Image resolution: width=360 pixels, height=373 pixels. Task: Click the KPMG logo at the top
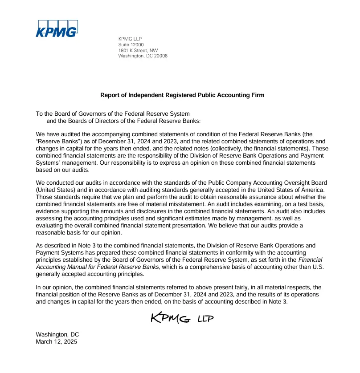click(x=56, y=28)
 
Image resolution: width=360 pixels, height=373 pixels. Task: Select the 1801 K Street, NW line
click(x=138, y=50)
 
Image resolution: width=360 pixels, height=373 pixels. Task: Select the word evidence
click(x=49, y=211)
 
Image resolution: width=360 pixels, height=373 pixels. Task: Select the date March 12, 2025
click(x=56, y=342)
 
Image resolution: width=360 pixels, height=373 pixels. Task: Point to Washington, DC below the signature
click(x=57, y=335)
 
